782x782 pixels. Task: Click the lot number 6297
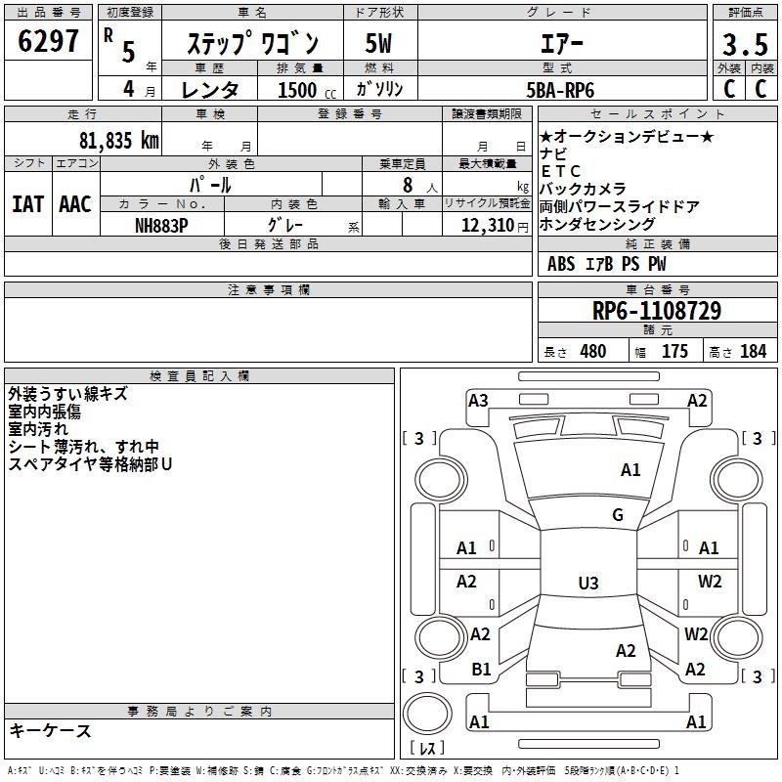49,42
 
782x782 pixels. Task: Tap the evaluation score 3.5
743,45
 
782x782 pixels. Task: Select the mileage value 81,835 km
114,141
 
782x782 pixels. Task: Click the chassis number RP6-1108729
657,311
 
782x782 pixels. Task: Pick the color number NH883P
161,225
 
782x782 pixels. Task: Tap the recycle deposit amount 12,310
483,225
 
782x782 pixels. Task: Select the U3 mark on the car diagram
587,584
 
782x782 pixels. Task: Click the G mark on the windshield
617,515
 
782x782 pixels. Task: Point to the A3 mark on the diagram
478,400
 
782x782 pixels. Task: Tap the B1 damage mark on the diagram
481,670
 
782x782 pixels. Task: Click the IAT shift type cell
28,204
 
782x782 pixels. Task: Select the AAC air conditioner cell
75,204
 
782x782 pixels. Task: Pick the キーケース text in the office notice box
51,731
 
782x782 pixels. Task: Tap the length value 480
592,352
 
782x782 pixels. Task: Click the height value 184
753,352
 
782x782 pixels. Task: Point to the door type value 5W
379,44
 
